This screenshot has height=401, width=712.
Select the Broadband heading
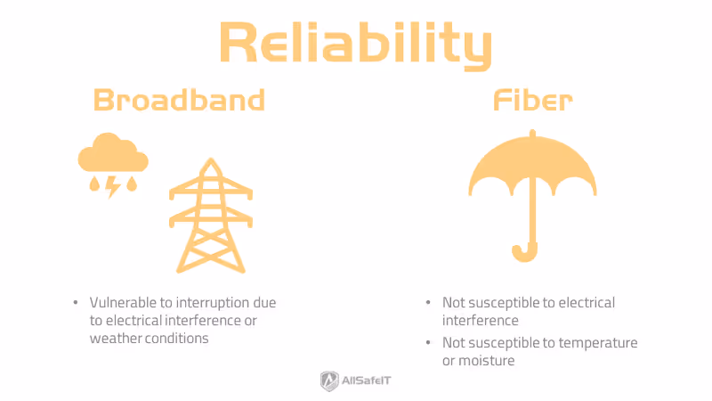click(x=180, y=100)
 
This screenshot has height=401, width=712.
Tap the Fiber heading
click(x=532, y=100)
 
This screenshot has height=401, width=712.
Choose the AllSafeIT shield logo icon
click(x=328, y=381)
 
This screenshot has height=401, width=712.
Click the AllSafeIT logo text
click(x=368, y=381)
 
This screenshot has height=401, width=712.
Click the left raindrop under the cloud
click(x=93, y=184)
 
